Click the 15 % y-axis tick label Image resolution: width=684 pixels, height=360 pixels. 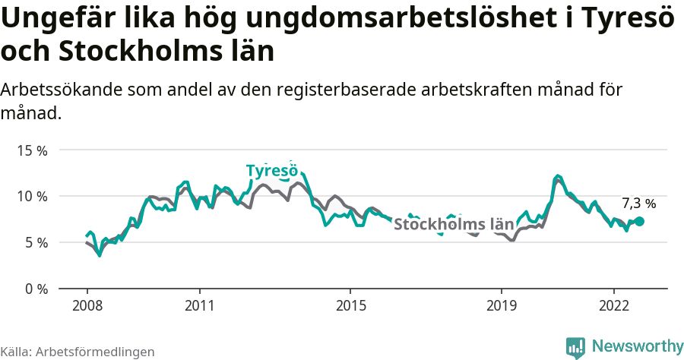pos(32,150)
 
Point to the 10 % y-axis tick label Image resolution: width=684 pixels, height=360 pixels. pos(32,197)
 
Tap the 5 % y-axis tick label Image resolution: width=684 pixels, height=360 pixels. pos(35,243)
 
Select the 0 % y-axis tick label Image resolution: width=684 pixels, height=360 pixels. pos(35,289)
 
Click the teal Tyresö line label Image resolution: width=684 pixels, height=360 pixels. pos(271,171)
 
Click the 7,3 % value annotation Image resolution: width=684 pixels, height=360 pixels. pos(638,204)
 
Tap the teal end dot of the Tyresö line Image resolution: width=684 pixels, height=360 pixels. pos(639,221)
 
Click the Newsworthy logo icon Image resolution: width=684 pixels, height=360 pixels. pos(575,347)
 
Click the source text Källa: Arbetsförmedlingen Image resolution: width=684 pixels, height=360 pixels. pos(78,352)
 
